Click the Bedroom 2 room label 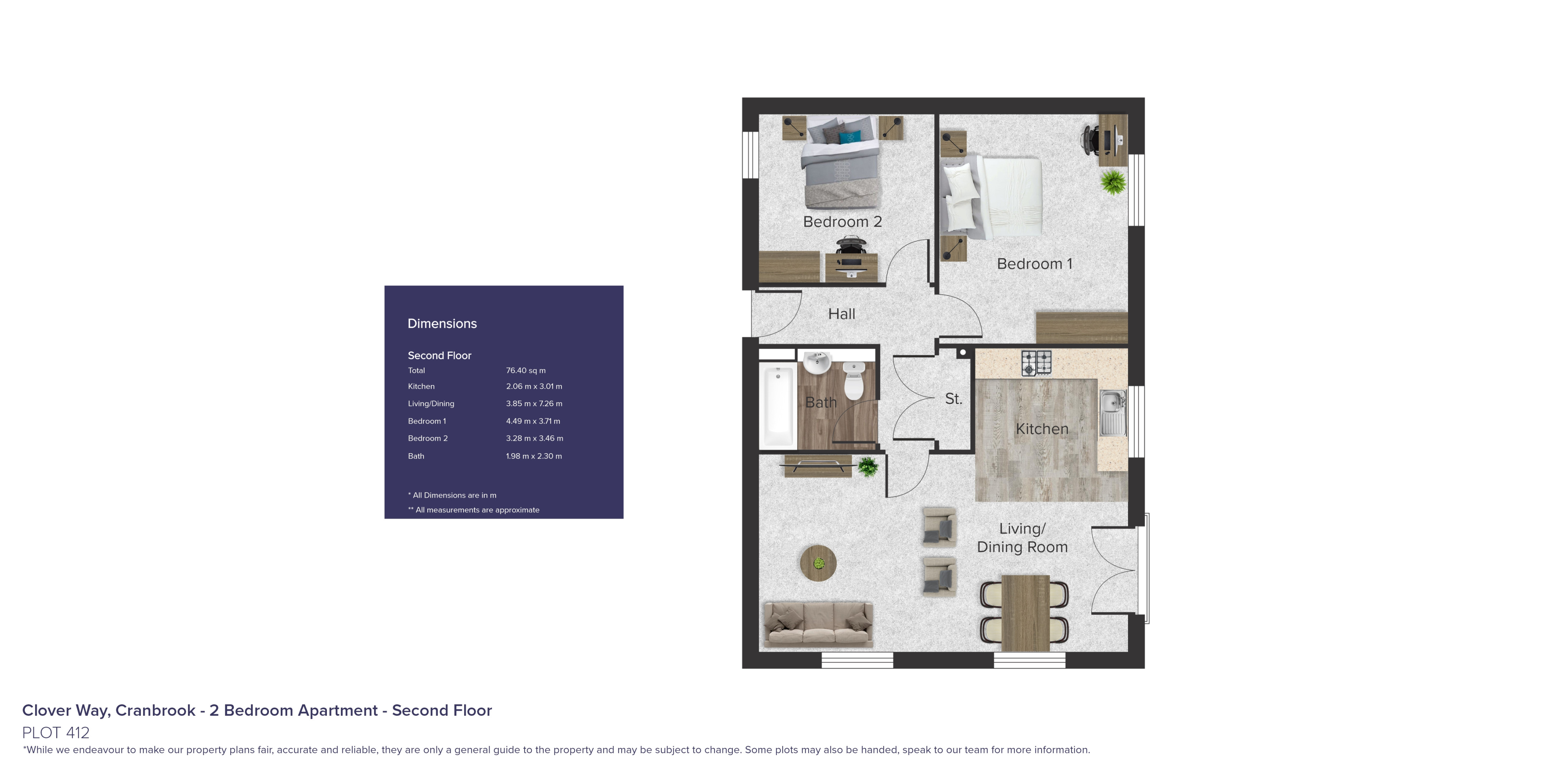tap(842, 222)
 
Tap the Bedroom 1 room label tap(1034, 264)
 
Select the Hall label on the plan tap(842, 314)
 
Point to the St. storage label tap(953, 399)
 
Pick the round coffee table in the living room tap(818, 563)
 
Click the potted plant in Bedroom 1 tap(1113, 182)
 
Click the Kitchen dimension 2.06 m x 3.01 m tap(534, 386)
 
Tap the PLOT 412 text tap(56, 733)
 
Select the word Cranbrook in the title tap(155, 710)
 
